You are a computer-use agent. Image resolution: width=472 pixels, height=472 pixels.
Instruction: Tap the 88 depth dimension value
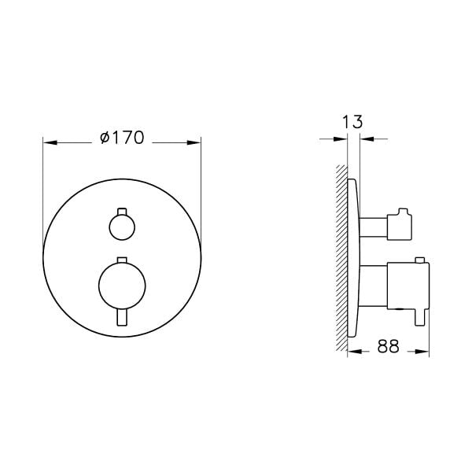click(389, 346)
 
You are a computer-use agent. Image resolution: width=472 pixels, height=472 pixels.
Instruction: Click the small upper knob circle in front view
click(121, 228)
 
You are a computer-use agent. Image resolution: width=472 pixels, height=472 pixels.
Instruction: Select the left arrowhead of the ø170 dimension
click(48, 142)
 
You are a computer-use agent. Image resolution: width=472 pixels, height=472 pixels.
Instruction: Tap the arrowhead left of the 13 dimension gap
click(342, 139)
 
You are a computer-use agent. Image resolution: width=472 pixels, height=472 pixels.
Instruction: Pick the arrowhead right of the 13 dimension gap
click(366, 139)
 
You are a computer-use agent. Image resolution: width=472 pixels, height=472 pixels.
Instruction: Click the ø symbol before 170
click(105, 138)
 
